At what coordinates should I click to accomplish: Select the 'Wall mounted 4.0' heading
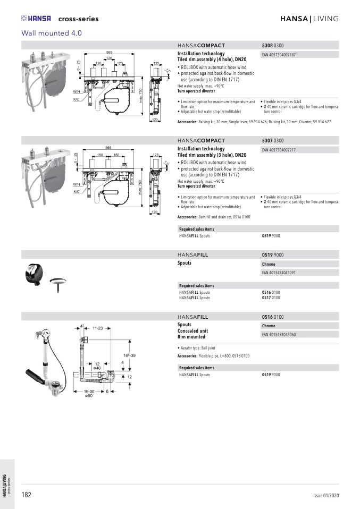pos(52,33)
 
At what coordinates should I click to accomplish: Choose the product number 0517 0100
pos(271,298)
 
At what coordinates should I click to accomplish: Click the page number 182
pos(26,495)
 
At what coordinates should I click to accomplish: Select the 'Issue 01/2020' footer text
pos(325,496)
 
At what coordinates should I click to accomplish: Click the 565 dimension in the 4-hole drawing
pos(108,52)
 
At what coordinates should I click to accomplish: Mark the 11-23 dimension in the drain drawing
pos(97,328)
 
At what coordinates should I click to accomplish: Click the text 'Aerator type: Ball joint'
pos(200,347)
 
